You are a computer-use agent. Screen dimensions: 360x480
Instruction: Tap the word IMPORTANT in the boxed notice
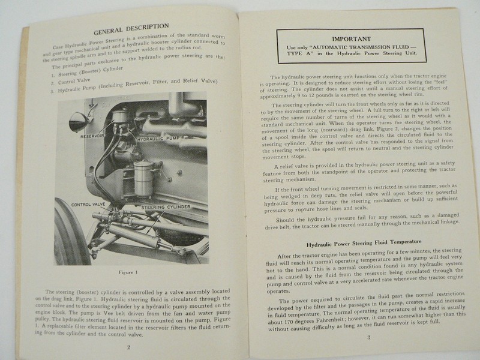[x=351, y=35]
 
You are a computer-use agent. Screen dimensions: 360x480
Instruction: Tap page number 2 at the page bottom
[x=128, y=346]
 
